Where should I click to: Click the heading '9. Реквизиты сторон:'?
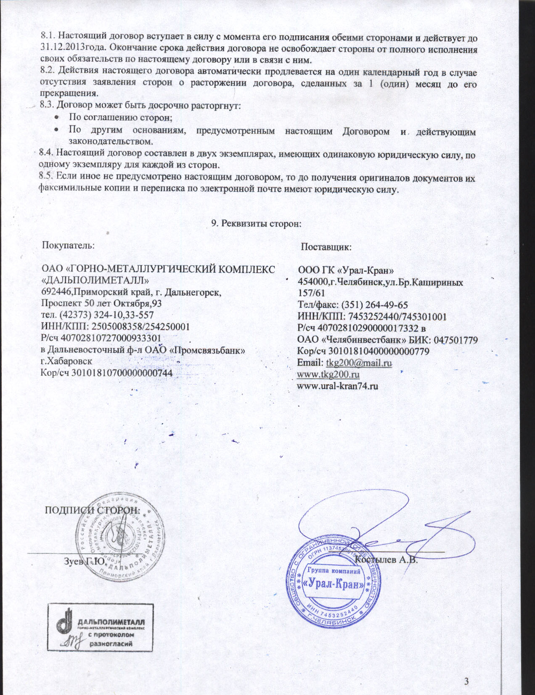[x=256, y=223]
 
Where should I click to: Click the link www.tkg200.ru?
[x=328, y=374]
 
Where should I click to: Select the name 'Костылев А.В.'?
[x=386, y=560]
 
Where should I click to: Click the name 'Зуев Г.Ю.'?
[x=84, y=561]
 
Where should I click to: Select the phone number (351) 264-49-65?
[x=375, y=305]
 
